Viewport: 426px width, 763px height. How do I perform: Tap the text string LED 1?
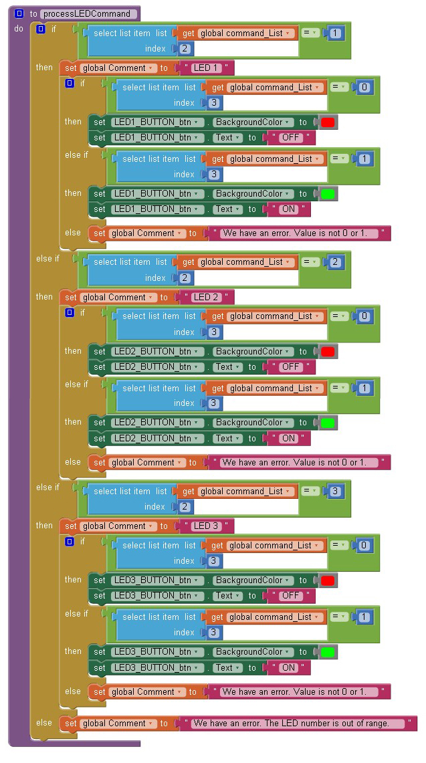207,68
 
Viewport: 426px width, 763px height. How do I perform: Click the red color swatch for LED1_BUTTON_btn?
328,122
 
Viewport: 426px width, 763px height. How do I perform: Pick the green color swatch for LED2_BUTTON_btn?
328,423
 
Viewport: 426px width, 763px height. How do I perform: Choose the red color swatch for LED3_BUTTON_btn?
328,580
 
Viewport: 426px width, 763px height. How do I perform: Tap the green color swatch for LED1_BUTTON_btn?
328,194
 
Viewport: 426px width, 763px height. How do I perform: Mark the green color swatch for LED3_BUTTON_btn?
328,652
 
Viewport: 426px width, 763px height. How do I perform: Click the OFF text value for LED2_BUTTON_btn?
291,367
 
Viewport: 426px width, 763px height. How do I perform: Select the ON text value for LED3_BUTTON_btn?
288,667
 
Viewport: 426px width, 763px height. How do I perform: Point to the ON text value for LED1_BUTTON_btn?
288,209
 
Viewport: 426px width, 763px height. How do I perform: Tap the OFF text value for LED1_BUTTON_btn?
291,138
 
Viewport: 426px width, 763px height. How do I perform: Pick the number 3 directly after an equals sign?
336,492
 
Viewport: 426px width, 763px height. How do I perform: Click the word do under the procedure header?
19,29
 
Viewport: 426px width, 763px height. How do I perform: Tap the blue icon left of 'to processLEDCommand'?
19,13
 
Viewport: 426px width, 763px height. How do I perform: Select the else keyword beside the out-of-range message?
44,723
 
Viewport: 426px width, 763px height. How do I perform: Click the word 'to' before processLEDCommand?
33,13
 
